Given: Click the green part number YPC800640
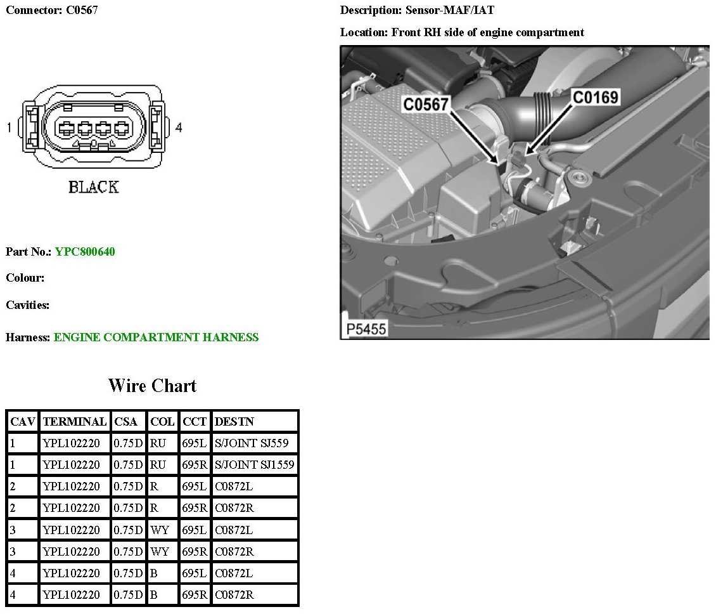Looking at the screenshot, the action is click(x=85, y=252).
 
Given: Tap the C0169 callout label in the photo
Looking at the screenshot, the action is click(x=595, y=96).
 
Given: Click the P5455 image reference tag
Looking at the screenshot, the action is click(x=366, y=329).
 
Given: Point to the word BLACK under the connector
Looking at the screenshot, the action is click(x=93, y=187).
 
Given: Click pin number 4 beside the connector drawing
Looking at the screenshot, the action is click(x=179, y=128).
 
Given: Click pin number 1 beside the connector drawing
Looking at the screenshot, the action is click(x=9, y=128).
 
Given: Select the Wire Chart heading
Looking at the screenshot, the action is click(x=152, y=386).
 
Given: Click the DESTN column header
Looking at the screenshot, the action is click(x=234, y=421).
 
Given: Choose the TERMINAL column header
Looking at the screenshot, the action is click(x=74, y=421).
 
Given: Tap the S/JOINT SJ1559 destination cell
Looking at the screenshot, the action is click(x=255, y=465).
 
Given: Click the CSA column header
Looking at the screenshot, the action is click(x=125, y=421).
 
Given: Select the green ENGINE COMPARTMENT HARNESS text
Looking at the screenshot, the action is click(x=156, y=337).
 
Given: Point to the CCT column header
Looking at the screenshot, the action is click(x=194, y=421).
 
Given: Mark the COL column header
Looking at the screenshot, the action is click(x=162, y=421).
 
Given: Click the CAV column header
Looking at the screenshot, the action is click(x=23, y=421).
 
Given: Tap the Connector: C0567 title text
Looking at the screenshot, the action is click(x=52, y=10).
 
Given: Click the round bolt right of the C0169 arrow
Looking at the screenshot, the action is click(x=577, y=176).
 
